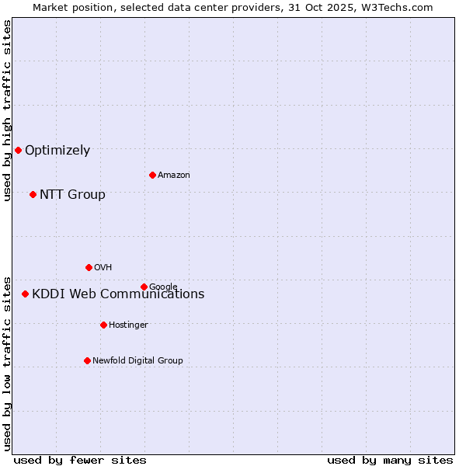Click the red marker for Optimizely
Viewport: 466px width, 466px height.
(x=18, y=150)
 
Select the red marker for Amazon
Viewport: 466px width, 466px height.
(x=152, y=175)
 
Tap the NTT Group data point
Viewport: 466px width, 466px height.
(x=33, y=194)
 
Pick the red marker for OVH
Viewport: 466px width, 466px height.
(x=89, y=267)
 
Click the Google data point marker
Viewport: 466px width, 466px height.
(x=144, y=287)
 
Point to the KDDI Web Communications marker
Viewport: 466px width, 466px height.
(x=25, y=294)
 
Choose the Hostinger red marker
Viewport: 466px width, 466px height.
(x=103, y=325)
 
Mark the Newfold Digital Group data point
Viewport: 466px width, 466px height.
(x=87, y=360)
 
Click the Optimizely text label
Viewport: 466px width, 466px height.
(x=57, y=151)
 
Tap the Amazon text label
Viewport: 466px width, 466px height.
(x=174, y=176)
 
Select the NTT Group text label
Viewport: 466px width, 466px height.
(x=72, y=195)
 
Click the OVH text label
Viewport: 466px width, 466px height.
(x=103, y=268)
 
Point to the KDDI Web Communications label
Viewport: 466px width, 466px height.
(x=118, y=294)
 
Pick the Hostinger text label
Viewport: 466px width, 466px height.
(x=128, y=325)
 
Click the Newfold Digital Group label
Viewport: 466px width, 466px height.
(x=137, y=361)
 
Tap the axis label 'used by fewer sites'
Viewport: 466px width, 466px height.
(x=80, y=460)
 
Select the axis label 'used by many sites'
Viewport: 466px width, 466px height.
(x=390, y=460)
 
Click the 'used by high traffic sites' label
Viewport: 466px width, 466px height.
(x=8, y=110)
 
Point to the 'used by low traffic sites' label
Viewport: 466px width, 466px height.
(x=8, y=363)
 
